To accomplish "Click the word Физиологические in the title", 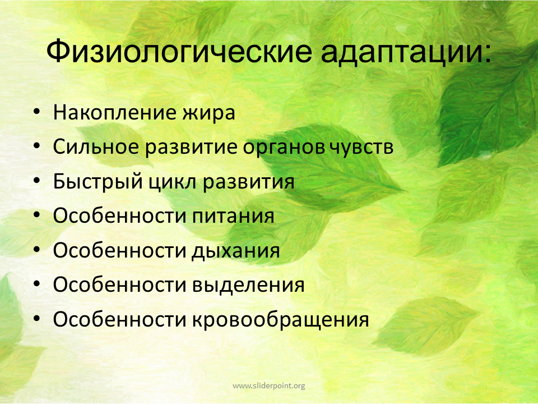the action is tap(179, 52).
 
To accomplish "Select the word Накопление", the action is tap(114, 112).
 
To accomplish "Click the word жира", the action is tap(208, 113).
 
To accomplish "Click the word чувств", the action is tap(361, 148).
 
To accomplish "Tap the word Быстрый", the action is tap(98, 181).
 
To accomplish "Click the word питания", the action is tap(233, 217).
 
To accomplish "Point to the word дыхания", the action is tap(235, 251).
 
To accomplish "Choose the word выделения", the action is tap(248, 286).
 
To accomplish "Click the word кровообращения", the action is tap(280, 319).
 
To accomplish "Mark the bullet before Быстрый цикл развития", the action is tap(37, 181).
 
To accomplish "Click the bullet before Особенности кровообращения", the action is tap(37, 319).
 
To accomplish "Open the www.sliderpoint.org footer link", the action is tap(268, 386).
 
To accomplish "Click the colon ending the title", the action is tap(488, 54).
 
